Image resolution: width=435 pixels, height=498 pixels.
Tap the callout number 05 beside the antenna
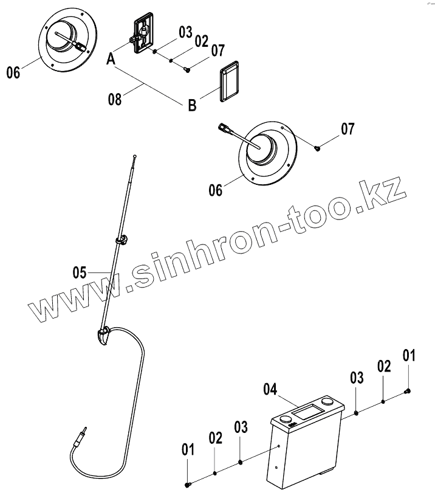[x=80, y=273]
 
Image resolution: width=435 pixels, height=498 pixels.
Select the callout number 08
[x=114, y=99]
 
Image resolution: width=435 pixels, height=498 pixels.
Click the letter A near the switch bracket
[x=111, y=60]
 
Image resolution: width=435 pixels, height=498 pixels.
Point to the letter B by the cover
[x=192, y=106]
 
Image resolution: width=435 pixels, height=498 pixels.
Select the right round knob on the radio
[x=328, y=403]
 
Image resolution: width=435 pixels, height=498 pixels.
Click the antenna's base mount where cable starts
[x=104, y=335]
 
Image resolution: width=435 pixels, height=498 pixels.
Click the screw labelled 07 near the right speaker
[x=318, y=147]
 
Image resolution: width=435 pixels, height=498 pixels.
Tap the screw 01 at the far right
[x=409, y=390]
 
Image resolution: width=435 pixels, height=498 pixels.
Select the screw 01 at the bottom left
[x=188, y=484]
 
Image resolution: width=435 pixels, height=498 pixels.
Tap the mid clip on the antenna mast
[x=122, y=238]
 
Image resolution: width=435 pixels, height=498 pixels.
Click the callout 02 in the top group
[x=202, y=41]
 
